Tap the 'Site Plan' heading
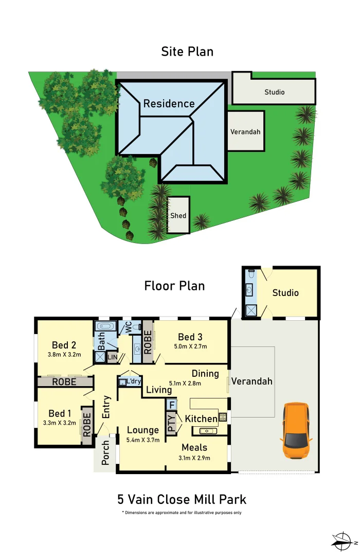point(187,51)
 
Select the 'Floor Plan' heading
point(174,286)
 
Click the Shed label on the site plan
point(178,215)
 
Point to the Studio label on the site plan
point(275,92)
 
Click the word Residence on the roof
point(169,103)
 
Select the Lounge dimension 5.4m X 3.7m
point(143,440)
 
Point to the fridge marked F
point(171,404)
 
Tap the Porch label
point(105,453)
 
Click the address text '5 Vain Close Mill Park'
point(182,499)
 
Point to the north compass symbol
point(342,541)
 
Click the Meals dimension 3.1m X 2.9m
point(194,458)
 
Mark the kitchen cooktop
point(223,417)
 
